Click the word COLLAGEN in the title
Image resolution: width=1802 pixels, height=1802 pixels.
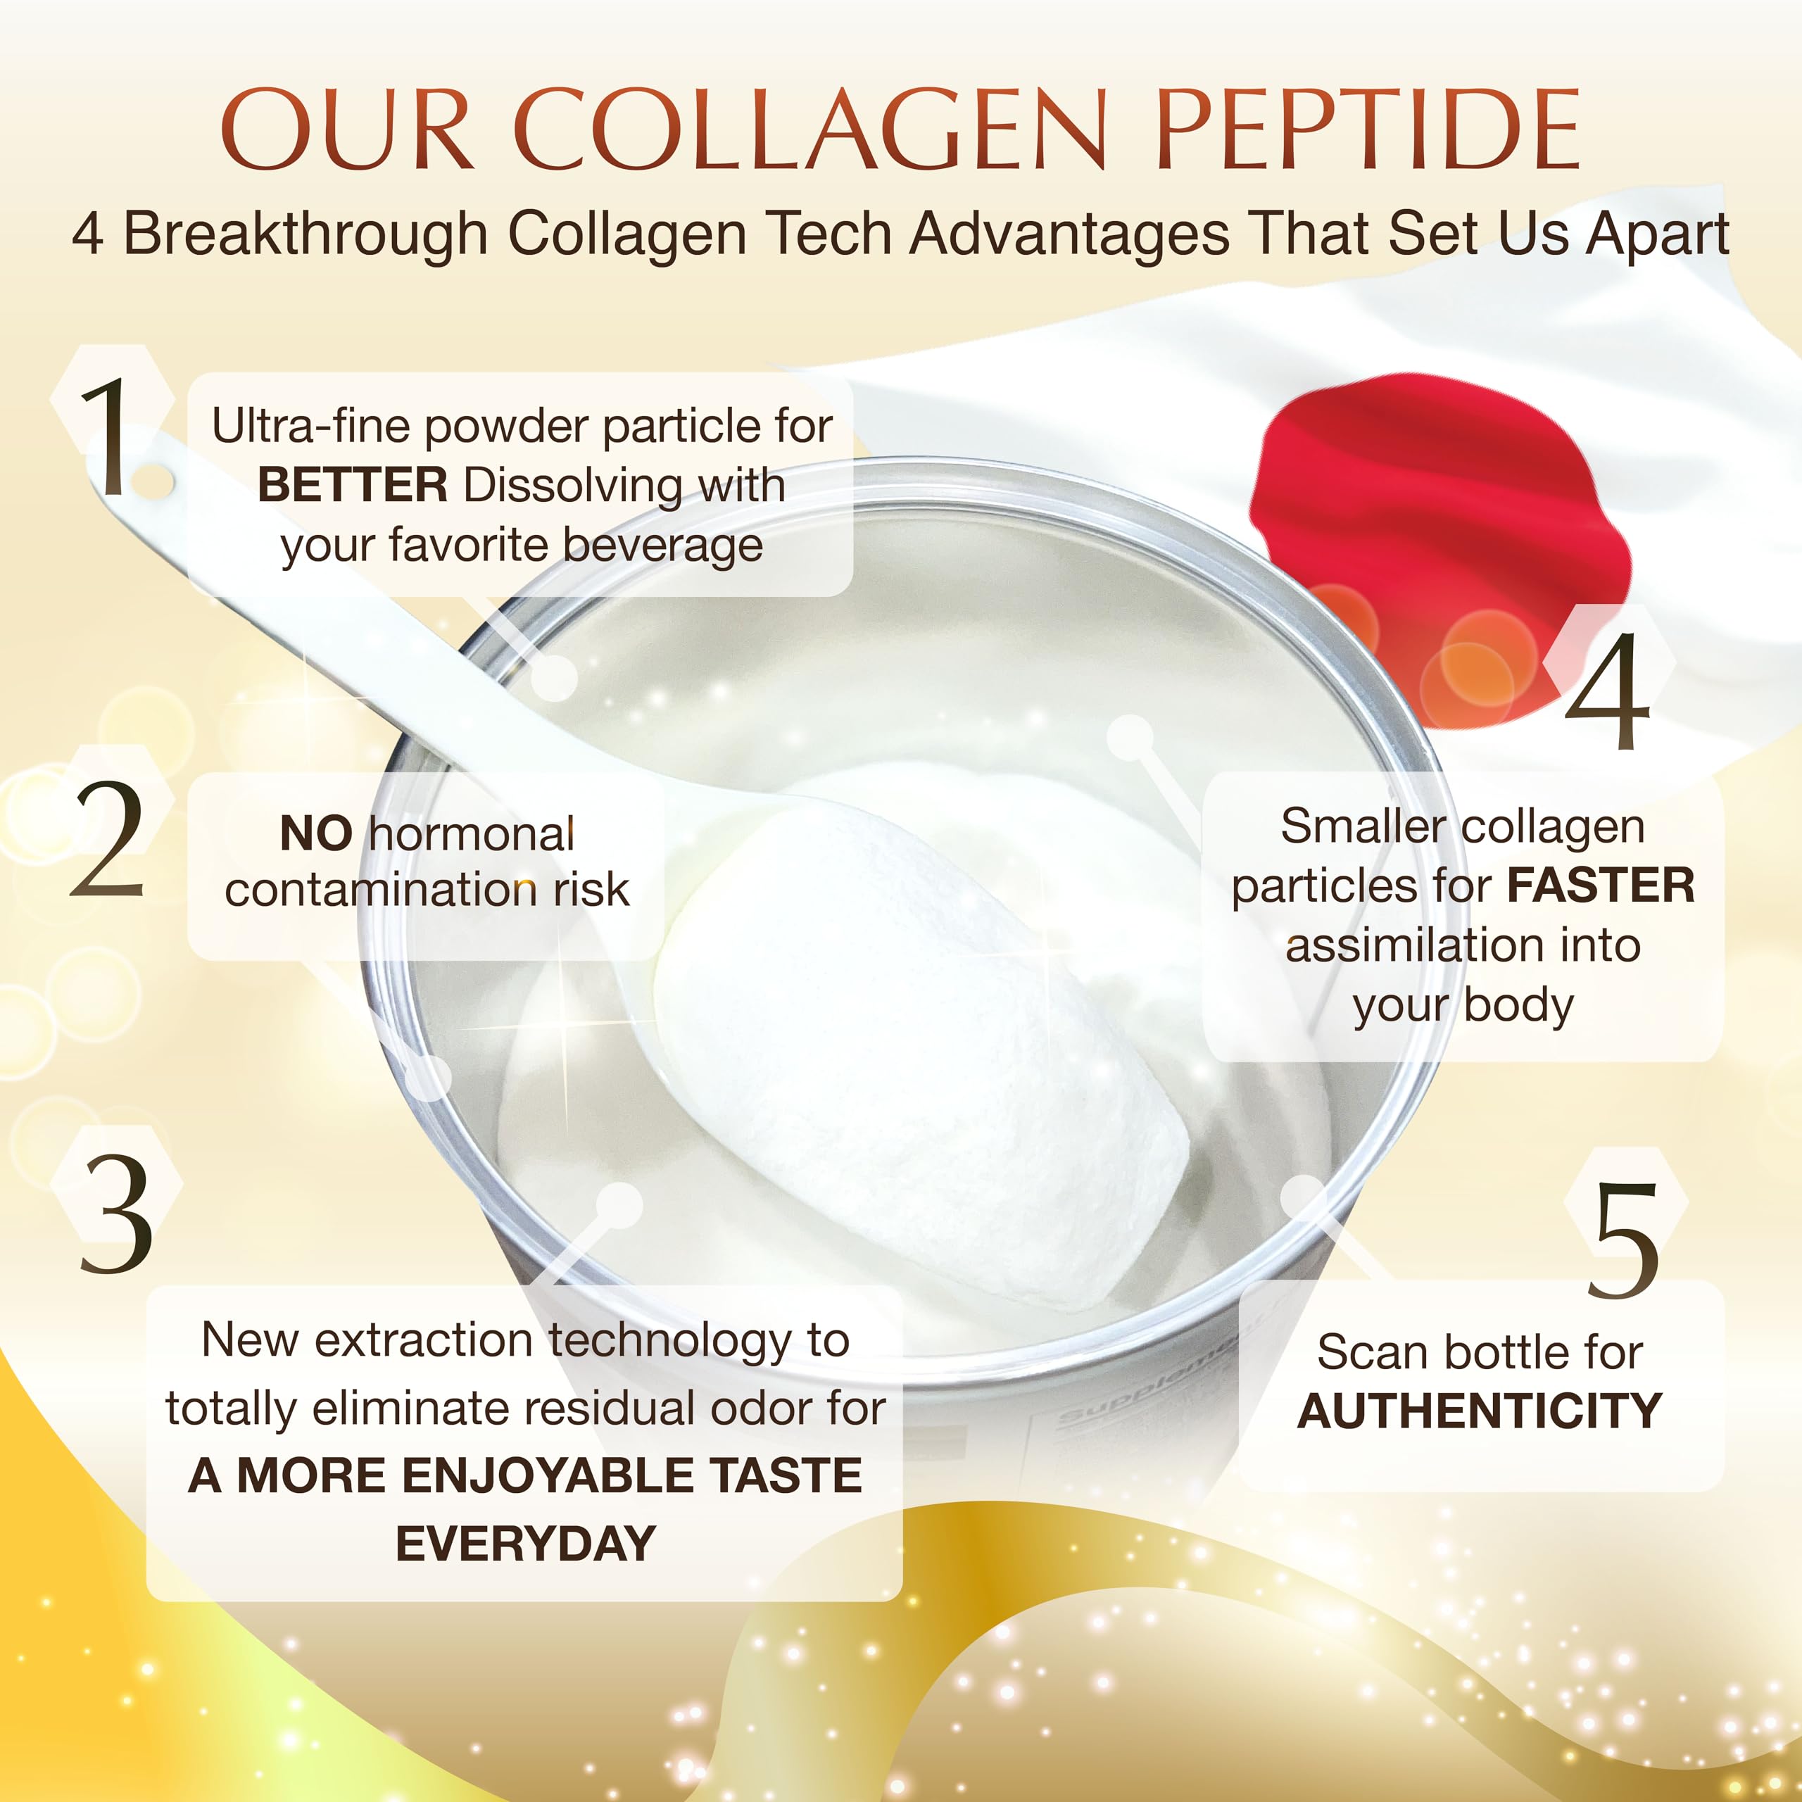pyautogui.click(x=809, y=131)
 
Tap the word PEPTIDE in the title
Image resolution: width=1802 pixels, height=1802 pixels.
pyautogui.click(x=1368, y=131)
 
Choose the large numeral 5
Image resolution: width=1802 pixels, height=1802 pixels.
pyautogui.click(x=1624, y=1240)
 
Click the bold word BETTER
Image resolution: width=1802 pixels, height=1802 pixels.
pyautogui.click(x=353, y=486)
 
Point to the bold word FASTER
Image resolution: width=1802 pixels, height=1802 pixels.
pyautogui.click(x=1601, y=885)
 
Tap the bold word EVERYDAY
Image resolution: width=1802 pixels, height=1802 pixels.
pyautogui.click(x=525, y=1544)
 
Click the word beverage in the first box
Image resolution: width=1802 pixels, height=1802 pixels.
pyautogui.click(x=663, y=546)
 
